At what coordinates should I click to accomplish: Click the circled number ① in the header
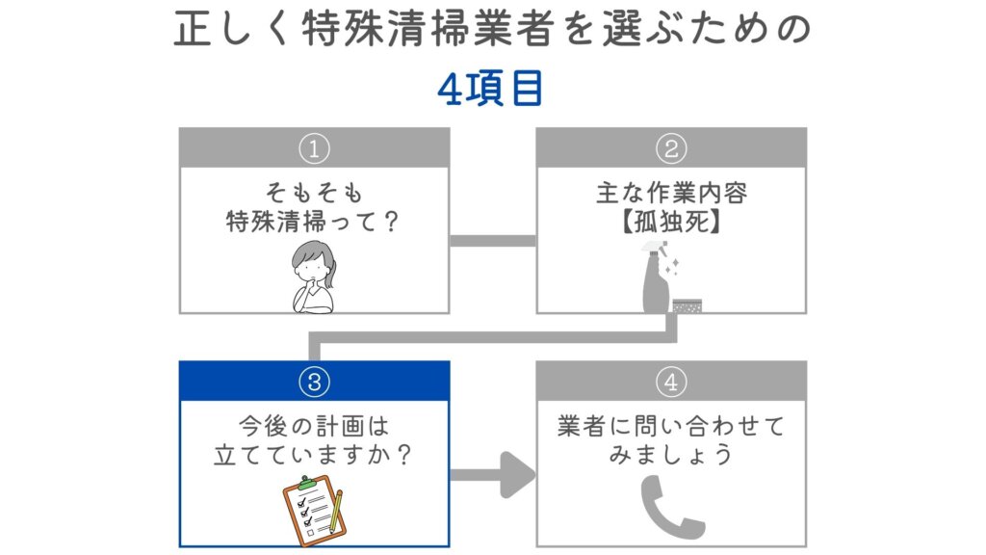[x=314, y=148]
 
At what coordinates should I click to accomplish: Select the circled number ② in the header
[x=671, y=148]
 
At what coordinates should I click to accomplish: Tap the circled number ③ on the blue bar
[x=314, y=383]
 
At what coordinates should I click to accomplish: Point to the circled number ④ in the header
[x=671, y=383]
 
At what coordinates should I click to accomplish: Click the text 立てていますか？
[x=314, y=454]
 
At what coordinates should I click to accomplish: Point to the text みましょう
[x=671, y=454]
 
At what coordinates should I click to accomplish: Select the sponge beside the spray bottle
[x=687, y=304]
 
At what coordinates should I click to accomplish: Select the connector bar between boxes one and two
[x=492, y=240]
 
